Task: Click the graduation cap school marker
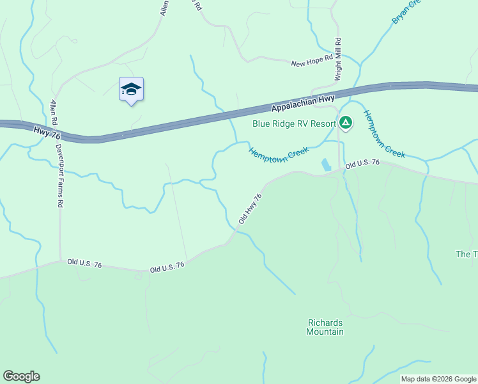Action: click(131, 90)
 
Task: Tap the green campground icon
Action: click(346, 122)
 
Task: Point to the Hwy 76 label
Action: click(47, 132)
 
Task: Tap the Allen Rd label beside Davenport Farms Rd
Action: click(54, 112)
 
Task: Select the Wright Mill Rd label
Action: click(338, 60)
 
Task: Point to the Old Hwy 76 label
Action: click(250, 209)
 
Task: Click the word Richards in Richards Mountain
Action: click(325, 323)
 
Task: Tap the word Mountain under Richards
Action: click(325, 332)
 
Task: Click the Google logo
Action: click(21, 376)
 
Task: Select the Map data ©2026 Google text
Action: click(438, 379)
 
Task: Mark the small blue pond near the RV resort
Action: click(326, 164)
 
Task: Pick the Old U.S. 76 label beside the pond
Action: click(362, 164)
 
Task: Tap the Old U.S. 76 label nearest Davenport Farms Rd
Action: click(84, 263)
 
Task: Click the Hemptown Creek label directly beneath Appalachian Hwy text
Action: click(278, 153)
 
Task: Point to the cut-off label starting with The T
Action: click(466, 254)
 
